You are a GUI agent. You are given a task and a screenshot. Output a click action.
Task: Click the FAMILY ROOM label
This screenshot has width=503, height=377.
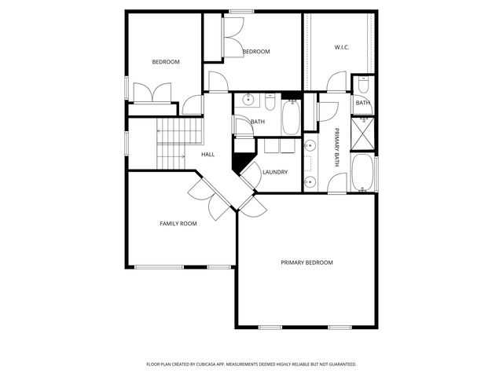178,224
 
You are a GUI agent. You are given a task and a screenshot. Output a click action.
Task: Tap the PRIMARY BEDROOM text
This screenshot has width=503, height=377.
307,262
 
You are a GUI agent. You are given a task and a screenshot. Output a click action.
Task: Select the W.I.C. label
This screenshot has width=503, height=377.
342,48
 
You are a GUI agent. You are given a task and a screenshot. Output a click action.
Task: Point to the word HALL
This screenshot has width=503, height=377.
207,154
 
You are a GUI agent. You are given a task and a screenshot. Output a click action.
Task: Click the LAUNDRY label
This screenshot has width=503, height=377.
275,172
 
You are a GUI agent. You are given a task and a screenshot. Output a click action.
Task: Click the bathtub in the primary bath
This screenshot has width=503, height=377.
362,173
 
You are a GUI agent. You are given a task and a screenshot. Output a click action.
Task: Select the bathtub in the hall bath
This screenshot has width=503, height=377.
290,116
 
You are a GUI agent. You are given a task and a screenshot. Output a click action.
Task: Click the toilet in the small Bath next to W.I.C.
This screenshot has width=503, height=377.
363,84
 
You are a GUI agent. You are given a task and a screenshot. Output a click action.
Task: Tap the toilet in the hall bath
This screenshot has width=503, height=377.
269,103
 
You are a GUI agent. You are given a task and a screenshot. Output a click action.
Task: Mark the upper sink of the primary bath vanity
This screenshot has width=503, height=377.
310,146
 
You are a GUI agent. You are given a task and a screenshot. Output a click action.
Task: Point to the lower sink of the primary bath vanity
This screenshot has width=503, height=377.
310,181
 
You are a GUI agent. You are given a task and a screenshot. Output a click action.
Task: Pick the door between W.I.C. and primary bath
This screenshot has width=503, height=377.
337,82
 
